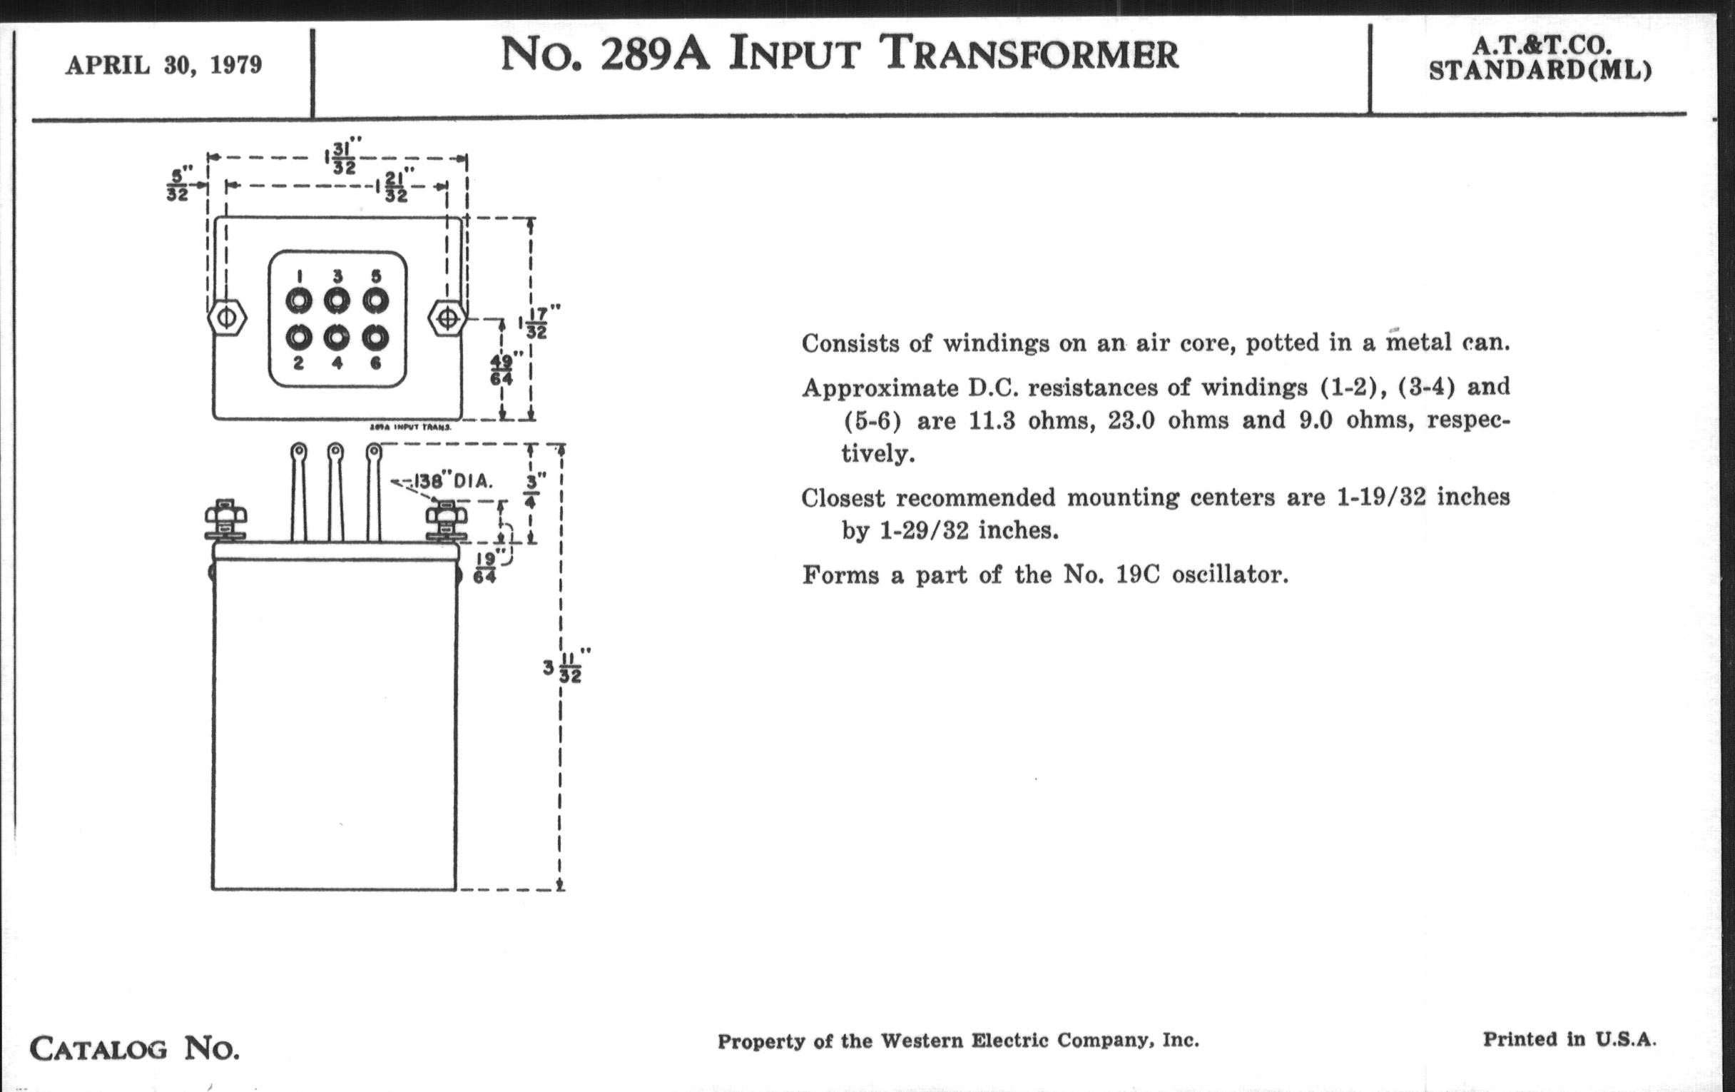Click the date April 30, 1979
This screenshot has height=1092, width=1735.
(x=163, y=66)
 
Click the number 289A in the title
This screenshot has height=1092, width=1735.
(x=655, y=55)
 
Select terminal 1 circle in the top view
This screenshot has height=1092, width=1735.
(x=299, y=300)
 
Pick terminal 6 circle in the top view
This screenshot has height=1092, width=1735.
(x=375, y=338)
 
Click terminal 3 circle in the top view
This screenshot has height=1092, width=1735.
(x=337, y=300)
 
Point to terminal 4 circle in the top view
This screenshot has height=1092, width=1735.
(x=337, y=338)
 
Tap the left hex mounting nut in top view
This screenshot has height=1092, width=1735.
(x=226, y=318)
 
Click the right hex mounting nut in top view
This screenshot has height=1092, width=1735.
(x=447, y=318)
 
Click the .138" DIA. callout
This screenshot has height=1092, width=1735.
(x=451, y=481)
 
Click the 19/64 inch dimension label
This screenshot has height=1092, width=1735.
(x=486, y=567)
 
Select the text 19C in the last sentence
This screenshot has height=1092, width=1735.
(x=1138, y=575)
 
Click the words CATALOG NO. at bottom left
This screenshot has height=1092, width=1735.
(x=135, y=1048)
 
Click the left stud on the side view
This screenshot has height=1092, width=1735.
(x=225, y=520)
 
